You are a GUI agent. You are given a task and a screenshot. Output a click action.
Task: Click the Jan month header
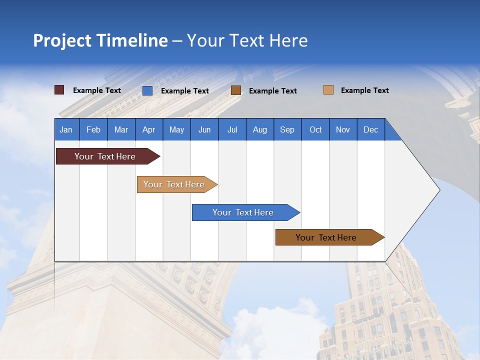tap(66, 129)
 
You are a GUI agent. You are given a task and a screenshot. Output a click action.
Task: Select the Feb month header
tap(93, 129)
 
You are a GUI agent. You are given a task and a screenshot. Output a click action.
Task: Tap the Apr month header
tap(148, 129)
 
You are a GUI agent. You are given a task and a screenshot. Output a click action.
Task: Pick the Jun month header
tap(204, 129)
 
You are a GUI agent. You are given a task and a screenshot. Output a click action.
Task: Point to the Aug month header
tap(259, 129)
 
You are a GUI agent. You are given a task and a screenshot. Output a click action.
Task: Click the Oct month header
tap(315, 129)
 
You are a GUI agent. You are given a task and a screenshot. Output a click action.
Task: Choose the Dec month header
tap(370, 129)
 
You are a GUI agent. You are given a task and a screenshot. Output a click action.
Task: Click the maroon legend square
tap(59, 90)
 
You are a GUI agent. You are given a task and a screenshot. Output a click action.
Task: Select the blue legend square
tap(147, 90)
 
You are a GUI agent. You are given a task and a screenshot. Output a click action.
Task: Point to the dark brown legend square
tap(236, 90)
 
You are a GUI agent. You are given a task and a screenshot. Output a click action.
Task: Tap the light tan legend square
tap(328, 90)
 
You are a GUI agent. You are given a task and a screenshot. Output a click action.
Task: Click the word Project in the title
tap(61, 40)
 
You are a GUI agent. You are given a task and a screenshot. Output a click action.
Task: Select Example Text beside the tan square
tap(364, 90)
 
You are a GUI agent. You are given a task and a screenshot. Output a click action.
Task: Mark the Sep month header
tap(287, 129)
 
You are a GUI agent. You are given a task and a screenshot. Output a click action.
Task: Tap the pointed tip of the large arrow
tap(438, 190)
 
